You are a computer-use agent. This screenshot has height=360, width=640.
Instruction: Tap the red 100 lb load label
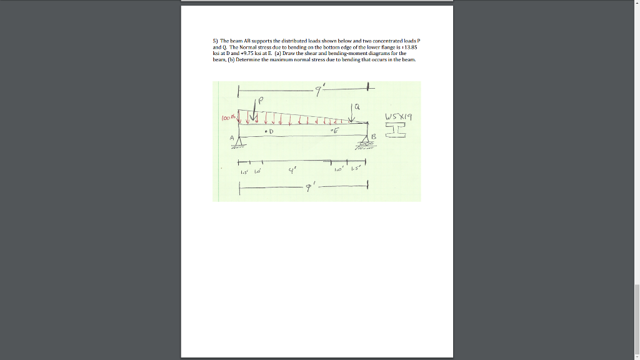(227, 116)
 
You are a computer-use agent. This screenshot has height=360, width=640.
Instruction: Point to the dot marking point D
(266, 132)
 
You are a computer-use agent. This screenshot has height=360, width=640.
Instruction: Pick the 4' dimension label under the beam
(291, 169)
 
